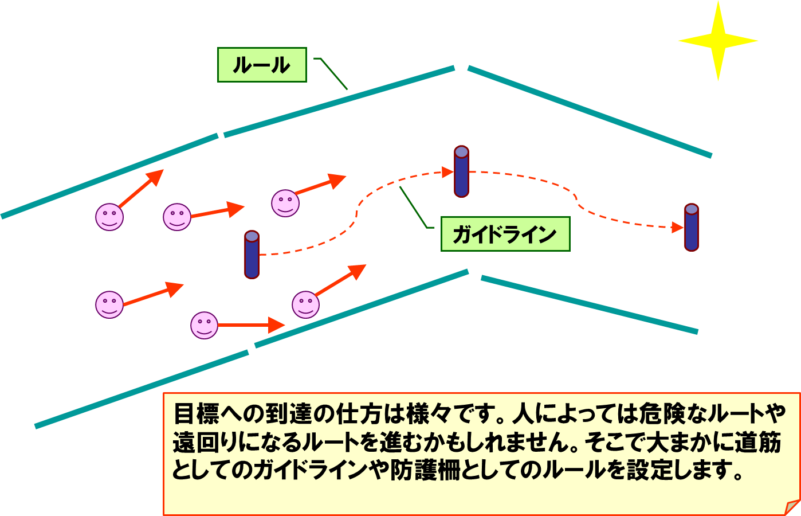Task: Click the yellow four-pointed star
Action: pos(718,41)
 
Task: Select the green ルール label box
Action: pos(262,65)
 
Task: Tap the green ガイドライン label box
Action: pos(505,234)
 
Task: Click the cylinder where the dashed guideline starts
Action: pos(252,255)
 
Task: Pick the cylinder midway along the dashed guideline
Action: pos(461,171)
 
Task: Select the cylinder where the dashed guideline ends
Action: pos(692,227)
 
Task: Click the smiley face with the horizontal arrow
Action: pos(204,325)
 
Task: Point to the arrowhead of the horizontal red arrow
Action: pos(277,325)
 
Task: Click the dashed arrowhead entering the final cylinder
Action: pos(678,228)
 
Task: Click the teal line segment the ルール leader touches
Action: pos(339,101)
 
